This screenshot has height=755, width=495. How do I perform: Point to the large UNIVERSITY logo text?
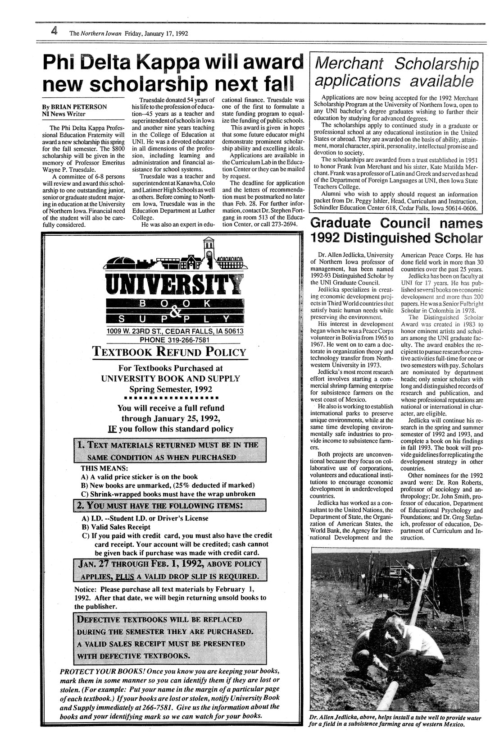[173, 284]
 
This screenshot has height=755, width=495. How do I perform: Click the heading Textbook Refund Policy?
[169, 352]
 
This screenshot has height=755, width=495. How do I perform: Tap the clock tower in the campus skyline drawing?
[208, 253]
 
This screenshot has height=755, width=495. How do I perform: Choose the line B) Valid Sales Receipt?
[116, 526]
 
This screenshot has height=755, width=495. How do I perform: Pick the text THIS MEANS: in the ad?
[99, 468]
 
